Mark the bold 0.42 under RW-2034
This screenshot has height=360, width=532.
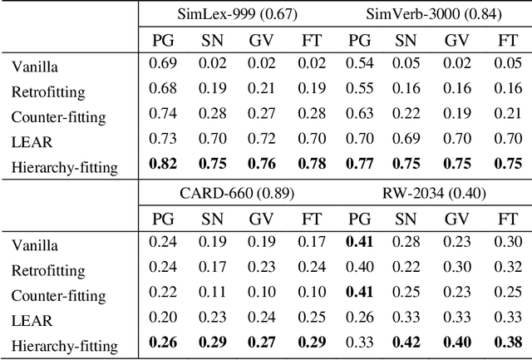405,347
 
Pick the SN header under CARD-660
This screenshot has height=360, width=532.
211,219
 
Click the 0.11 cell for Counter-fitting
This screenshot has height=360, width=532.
211,295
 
